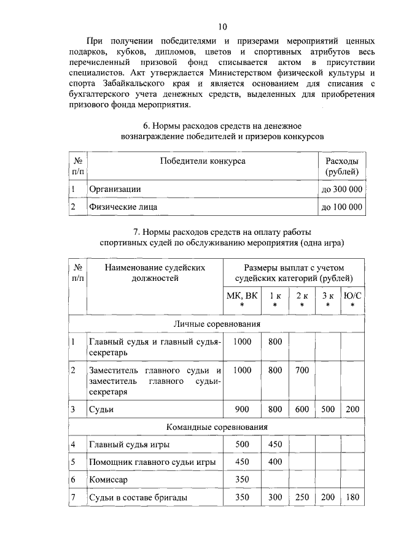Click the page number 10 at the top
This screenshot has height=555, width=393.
point(222,26)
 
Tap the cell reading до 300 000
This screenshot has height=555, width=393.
point(342,189)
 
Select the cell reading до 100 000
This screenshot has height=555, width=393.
point(342,208)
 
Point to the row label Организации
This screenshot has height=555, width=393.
point(115,189)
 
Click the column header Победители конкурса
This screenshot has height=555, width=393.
point(203,161)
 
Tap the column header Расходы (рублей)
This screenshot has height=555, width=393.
point(342,166)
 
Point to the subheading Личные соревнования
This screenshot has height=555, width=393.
point(216,324)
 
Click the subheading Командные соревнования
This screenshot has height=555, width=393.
point(216,427)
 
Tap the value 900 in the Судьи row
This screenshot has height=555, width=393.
point(243,408)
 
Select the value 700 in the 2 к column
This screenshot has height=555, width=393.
point(302,370)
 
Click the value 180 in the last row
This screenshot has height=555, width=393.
point(352,497)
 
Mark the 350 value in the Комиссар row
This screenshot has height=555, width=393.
point(243,480)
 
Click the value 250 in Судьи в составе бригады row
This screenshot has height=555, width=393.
point(302,497)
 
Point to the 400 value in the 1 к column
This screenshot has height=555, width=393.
point(275,462)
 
